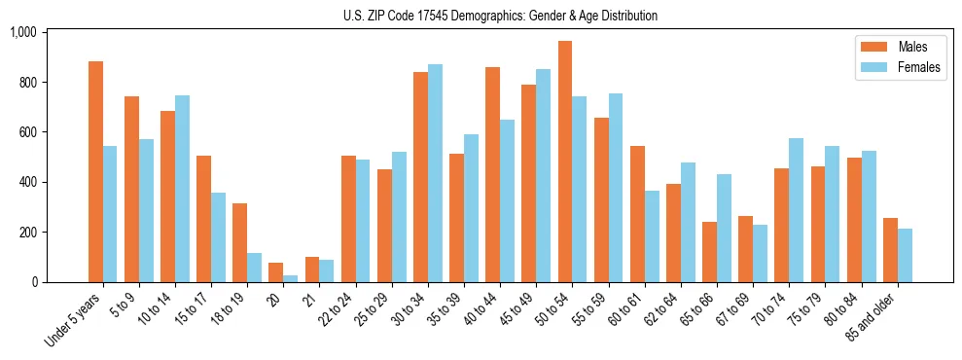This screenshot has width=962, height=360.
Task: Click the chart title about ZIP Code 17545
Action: coord(500,16)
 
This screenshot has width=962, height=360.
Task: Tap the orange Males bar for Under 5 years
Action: coord(95,172)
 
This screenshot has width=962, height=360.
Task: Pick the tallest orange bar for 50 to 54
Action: coord(565,162)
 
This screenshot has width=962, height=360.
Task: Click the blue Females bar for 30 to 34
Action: coord(435,173)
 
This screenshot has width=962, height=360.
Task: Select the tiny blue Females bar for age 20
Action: coord(291,278)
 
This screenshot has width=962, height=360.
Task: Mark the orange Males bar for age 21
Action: coord(312,270)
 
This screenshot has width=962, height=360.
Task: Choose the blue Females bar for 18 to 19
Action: coord(254,268)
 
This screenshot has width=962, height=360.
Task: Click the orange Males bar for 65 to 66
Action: coord(709,252)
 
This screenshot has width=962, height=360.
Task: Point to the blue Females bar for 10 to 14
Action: coord(182,189)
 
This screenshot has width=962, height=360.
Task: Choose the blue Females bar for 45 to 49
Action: coord(543,176)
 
